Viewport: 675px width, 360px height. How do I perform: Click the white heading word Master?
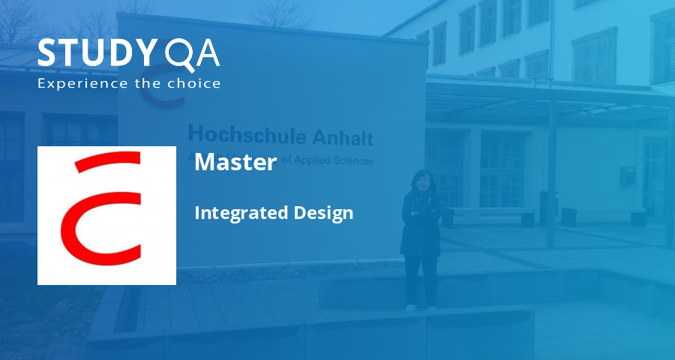(x=235, y=162)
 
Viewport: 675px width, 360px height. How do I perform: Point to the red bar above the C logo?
(x=109, y=160)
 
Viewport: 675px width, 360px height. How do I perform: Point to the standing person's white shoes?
(x=421, y=307)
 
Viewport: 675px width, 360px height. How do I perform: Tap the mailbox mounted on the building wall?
(x=628, y=175)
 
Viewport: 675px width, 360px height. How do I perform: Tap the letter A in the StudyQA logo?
(x=205, y=53)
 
